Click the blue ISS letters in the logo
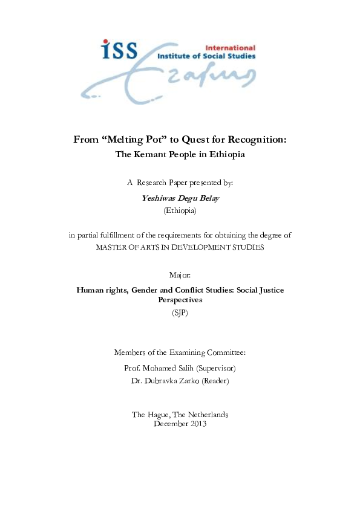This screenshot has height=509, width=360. click(119, 51)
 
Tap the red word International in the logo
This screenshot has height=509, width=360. click(231, 47)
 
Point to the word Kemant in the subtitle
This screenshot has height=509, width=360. click(155, 154)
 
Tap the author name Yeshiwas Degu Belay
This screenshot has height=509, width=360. click(180, 198)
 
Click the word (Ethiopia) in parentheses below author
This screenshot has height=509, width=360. click(180, 210)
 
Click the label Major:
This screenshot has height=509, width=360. click(180, 275)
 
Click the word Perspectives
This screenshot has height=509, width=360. click(180, 299)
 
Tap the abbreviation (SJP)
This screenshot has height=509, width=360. click(180, 313)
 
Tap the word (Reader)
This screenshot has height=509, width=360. click(215, 381)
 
